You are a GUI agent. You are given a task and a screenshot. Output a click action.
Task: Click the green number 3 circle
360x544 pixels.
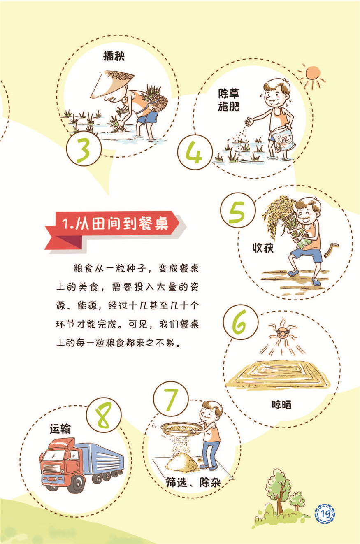pyautogui.click(x=84, y=149)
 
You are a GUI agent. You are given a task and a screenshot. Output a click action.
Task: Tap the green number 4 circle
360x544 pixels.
pyautogui.click(x=195, y=152)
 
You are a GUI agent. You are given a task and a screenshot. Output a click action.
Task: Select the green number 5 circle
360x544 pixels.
pyautogui.click(x=238, y=210)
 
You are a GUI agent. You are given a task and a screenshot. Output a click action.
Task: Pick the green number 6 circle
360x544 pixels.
pyautogui.click(x=241, y=322)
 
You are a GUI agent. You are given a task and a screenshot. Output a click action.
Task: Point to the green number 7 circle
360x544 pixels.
pyautogui.click(x=171, y=399)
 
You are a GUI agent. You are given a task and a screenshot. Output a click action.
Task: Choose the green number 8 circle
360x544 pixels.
pyautogui.click(x=104, y=415)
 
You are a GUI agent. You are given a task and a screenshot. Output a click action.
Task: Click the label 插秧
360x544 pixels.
pyautogui.click(x=114, y=56)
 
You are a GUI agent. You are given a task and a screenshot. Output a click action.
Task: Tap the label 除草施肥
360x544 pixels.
pyautogui.click(x=229, y=100)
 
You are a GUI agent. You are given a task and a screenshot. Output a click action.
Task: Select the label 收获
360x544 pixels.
pyautogui.click(x=263, y=248)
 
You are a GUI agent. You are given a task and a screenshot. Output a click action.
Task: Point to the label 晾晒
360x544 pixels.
pyautogui.click(x=281, y=405)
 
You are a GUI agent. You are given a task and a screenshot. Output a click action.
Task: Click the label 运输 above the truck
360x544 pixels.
pyautogui.click(x=60, y=428)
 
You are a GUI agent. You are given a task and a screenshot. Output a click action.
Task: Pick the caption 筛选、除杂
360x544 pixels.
pyautogui.click(x=193, y=482)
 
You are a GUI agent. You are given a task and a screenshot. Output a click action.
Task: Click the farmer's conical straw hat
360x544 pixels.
pyautogui.click(x=112, y=84)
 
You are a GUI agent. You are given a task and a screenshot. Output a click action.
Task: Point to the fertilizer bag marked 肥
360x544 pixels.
pyautogui.click(x=284, y=141)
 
